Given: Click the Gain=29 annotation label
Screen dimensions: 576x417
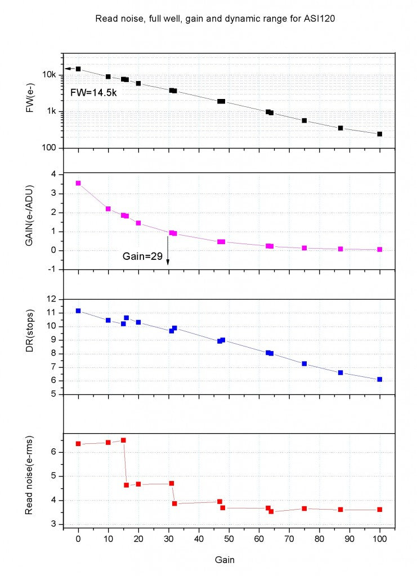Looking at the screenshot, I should coord(142,256).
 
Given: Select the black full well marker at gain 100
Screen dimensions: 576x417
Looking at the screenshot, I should coord(380,134).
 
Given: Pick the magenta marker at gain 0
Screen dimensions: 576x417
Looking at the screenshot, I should coord(78,183).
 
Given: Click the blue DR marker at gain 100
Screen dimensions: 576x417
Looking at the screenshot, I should coord(380,380).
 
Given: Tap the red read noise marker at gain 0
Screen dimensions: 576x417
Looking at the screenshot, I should coord(78,444).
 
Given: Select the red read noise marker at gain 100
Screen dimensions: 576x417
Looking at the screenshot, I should coord(380,510).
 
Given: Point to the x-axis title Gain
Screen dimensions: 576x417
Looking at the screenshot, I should coord(228,560).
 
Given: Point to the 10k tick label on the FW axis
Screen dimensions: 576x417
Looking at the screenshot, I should coord(50,75).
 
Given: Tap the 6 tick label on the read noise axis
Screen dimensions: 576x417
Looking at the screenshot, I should coord(53,452).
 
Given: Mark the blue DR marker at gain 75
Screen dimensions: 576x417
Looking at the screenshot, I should coord(304,364).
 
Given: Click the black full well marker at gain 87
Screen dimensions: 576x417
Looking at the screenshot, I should coord(340,128).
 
